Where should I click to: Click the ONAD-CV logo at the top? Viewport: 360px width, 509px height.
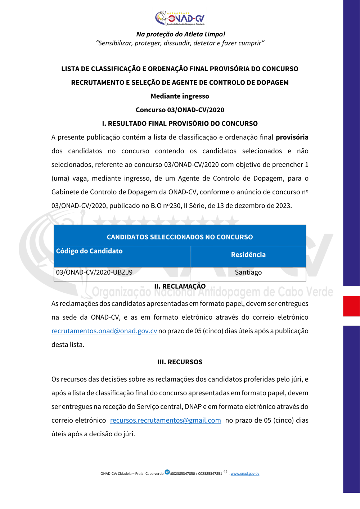(x=180, y=18)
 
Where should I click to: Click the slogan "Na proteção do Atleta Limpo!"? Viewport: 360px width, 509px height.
(x=180, y=34)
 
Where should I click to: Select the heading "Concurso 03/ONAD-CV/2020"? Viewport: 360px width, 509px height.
(x=180, y=110)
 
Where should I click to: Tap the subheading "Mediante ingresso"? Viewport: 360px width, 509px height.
(x=180, y=96)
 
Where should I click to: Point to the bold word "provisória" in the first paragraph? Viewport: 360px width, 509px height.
(x=292, y=137)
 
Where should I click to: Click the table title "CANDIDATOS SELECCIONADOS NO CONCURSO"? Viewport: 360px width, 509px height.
(x=180, y=237)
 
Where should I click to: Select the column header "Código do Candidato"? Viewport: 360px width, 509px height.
(x=89, y=251)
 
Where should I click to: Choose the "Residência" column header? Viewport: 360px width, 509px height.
(x=248, y=254)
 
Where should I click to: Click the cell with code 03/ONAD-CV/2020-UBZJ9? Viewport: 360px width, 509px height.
(x=94, y=272)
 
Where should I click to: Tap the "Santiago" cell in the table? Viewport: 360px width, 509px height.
(x=248, y=272)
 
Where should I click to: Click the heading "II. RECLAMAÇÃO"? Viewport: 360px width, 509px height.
(x=180, y=286)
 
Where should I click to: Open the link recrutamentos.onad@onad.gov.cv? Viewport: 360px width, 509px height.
(x=104, y=331)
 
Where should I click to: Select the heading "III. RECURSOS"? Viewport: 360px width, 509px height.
(x=180, y=362)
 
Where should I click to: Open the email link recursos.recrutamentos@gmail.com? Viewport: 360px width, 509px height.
(x=165, y=420)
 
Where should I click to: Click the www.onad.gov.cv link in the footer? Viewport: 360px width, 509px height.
(x=245, y=474)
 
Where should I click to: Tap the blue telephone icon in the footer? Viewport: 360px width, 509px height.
(x=167, y=472)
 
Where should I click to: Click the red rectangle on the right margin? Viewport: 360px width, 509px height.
(x=351, y=306)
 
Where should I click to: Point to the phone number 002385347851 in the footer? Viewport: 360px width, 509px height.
(x=210, y=474)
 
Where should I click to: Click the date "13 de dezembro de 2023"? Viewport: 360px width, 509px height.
(x=254, y=206)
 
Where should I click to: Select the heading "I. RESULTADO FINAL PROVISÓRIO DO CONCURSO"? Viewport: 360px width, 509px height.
(x=180, y=123)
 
